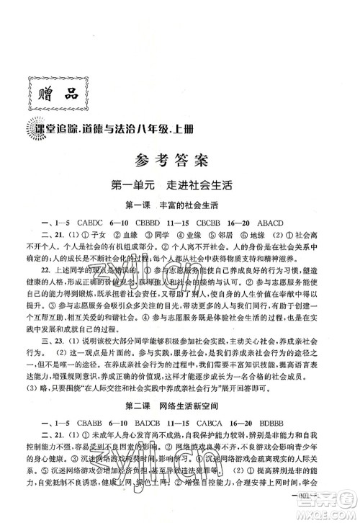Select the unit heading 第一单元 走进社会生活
(179, 185)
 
